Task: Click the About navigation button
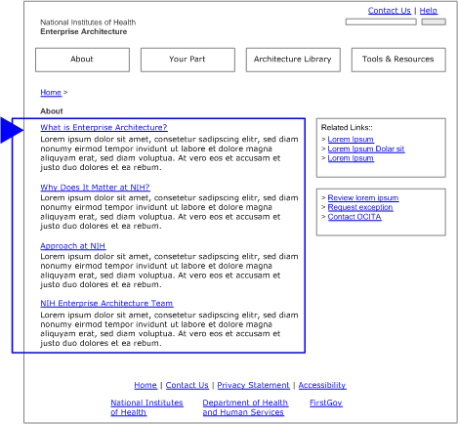tap(82, 60)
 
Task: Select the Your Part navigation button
tap(187, 60)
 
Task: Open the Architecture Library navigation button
tap(292, 60)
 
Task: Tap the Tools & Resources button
tap(397, 60)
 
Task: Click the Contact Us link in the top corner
tap(389, 11)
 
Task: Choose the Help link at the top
tap(429, 11)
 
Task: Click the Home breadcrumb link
tap(50, 92)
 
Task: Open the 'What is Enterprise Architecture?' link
tap(104, 128)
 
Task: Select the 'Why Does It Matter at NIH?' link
tap(95, 187)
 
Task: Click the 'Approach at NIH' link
tap(72, 245)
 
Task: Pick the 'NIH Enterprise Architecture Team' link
tap(106, 303)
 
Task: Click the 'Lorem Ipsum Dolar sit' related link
tap(366, 148)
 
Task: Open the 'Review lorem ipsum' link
tap(363, 198)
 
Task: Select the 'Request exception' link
tap(360, 207)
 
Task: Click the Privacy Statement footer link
tap(253, 385)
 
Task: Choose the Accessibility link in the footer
tap(322, 385)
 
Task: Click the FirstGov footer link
tap(326, 403)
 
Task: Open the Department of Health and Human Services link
tap(245, 407)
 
